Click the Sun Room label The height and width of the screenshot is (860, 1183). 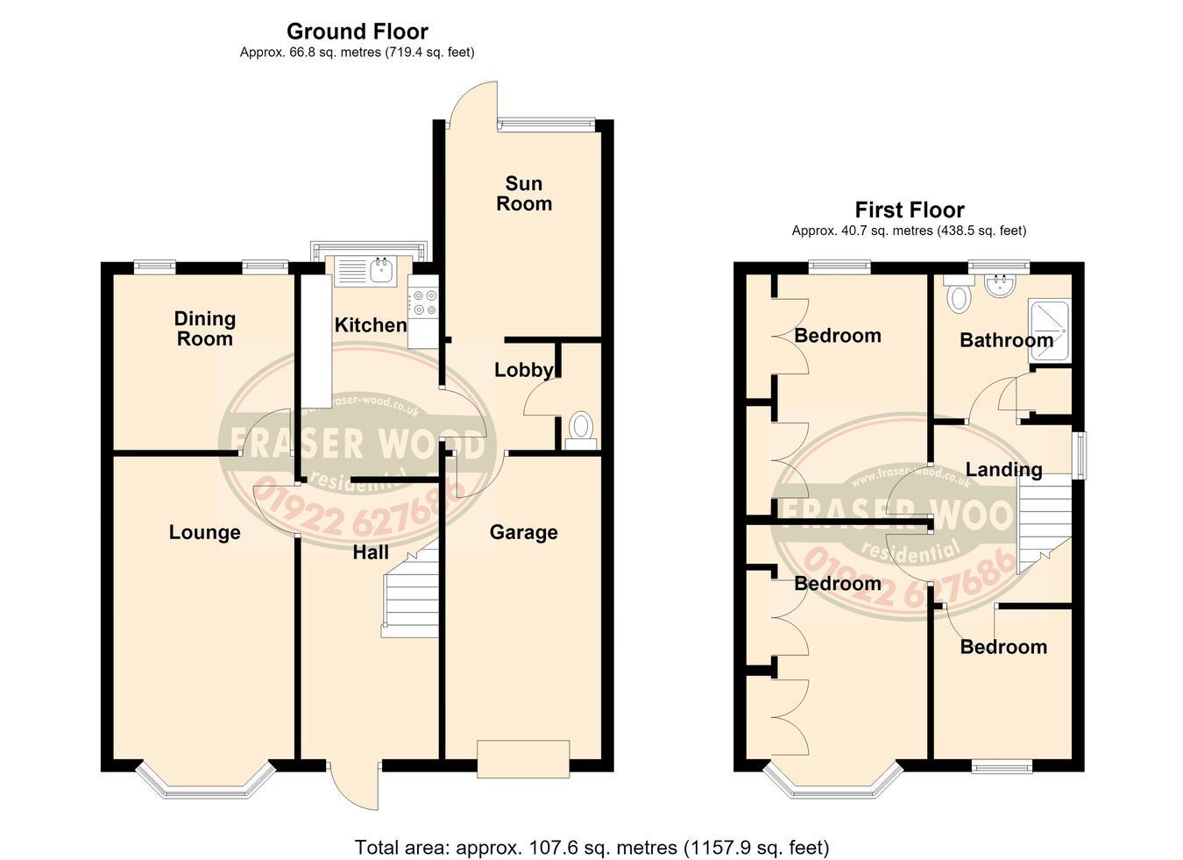[524, 194]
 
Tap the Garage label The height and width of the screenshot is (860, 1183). [523, 532]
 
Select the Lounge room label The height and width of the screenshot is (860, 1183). [204, 532]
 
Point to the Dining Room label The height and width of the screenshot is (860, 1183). [205, 329]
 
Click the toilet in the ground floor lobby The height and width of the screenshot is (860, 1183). [580, 430]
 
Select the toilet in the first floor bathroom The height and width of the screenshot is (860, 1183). [959, 295]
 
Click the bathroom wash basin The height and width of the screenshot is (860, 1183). [999, 284]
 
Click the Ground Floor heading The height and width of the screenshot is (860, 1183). [357, 32]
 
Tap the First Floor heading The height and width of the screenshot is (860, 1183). [910, 210]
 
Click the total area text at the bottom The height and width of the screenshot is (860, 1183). [592, 848]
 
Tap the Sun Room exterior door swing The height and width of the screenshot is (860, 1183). [472, 105]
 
